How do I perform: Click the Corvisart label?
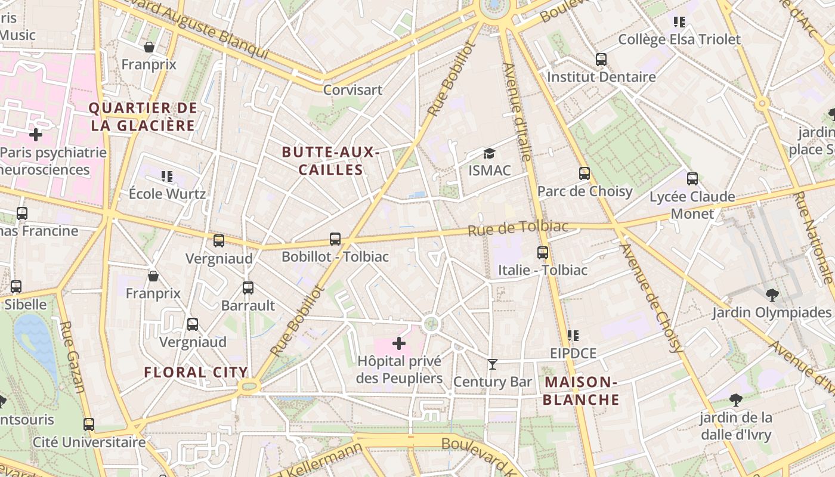(352, 90)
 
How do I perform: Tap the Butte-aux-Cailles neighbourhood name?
(331, 161)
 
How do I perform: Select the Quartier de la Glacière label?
(143, 117)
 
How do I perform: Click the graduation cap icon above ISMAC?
(489, 154)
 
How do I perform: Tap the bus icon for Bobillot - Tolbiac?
(335, 239)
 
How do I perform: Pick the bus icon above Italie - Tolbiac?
(543, 252)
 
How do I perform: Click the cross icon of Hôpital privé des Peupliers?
(399, 343)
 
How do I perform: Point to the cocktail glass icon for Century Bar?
(493, 364)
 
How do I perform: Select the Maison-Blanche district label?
(581, 391)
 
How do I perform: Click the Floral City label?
(196, 373)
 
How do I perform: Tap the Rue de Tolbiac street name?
(518, 228)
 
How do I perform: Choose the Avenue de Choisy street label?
(651, 298)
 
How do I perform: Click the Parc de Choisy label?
(584, 191)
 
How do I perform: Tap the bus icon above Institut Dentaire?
(601, 60)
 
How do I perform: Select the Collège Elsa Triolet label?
(679, 40)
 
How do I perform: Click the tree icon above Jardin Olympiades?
(772, 295)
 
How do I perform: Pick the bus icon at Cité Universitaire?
(89, 425)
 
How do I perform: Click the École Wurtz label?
(167, 194)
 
